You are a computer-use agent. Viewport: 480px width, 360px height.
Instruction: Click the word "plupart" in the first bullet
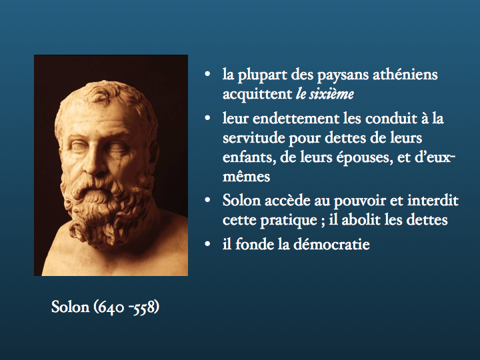(263, 75)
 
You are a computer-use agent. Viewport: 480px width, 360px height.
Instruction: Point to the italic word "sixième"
(331, 94)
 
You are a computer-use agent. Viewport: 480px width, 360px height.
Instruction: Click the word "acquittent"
(257, 94)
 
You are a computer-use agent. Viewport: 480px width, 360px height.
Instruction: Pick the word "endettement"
(296, 119)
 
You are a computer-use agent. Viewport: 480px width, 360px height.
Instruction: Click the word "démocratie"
(331, 244)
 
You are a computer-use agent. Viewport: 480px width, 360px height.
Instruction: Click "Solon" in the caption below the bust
(70, 307)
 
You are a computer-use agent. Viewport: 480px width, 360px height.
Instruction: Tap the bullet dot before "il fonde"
(207, 244)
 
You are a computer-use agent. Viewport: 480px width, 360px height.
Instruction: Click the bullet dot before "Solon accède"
(207, 200)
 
